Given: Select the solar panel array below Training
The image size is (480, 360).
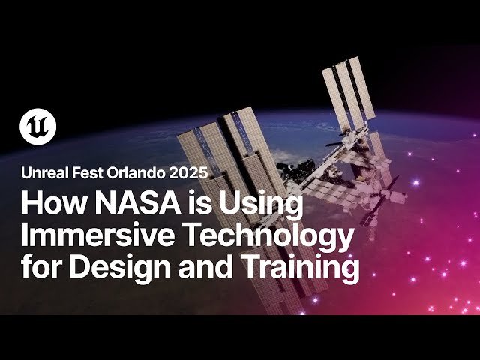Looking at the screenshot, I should point(367,296).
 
